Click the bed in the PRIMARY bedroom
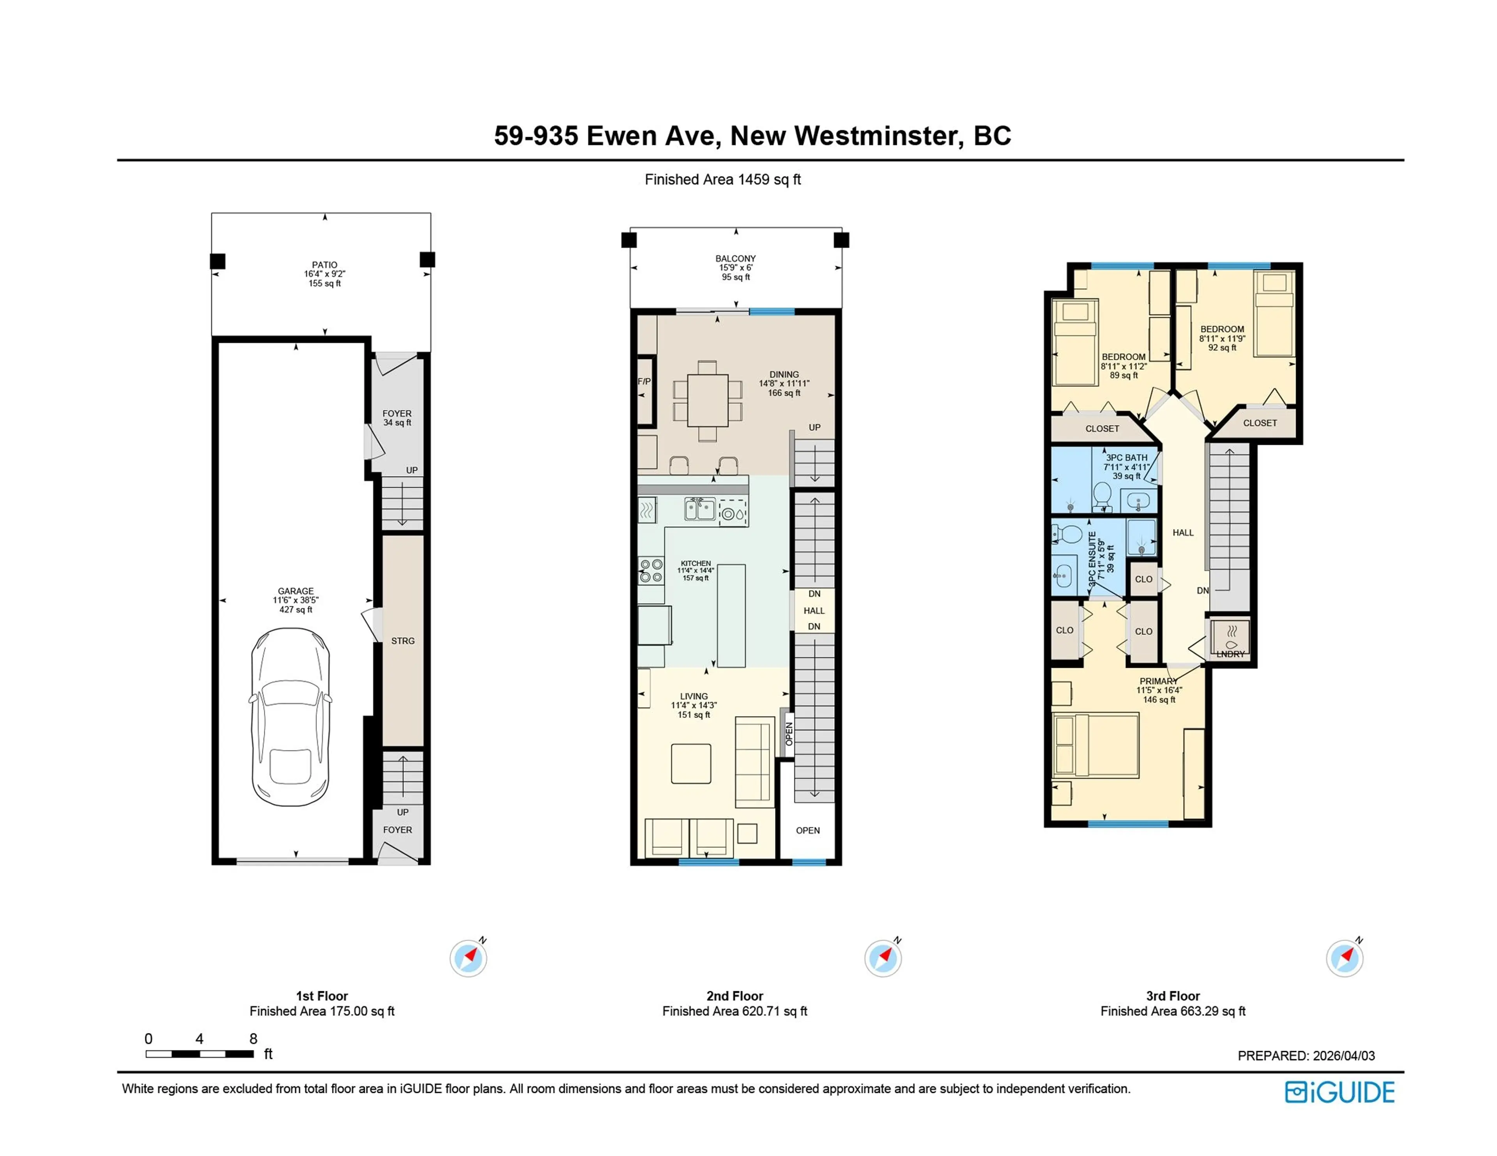tap(1095, 745)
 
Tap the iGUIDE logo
tap(1340, 1092)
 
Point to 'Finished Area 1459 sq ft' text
tap(722, 180)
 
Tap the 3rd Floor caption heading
tap(1173, 995)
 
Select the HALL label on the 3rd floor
tap(1183, 533)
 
